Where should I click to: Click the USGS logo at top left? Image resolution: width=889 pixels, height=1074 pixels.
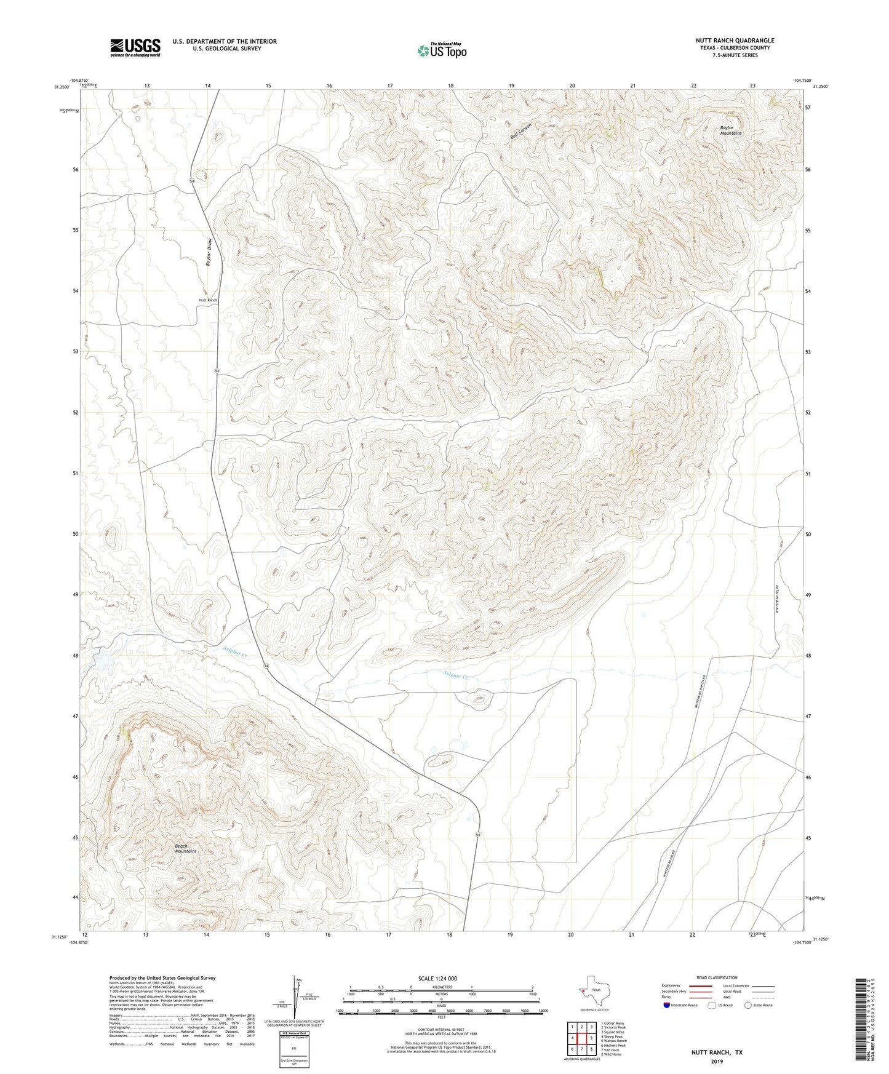pyautogui.click(x=135, y=47)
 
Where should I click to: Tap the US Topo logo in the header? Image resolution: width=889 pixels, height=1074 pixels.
pyautogui.click(x=442, y=50)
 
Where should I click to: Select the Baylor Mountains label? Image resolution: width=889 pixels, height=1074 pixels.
pyautogui.click(x=731, y=130)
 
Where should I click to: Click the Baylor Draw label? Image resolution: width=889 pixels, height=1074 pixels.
pyautogui.click(x=209, y=252)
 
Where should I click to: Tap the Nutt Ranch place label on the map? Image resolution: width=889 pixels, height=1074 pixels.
pyautogui.click(x=208, y=300)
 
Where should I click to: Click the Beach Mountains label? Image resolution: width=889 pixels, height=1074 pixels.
pyautogui.click(x=185, y=849)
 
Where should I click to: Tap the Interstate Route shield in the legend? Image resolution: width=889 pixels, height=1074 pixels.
pyautogui.click(x=668, y=1004)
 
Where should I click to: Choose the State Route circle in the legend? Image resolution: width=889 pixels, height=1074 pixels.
pyautogui.click(x=748, y=1004)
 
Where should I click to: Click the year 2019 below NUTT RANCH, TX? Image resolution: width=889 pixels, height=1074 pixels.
pyautogui.click(x=716, y=1062)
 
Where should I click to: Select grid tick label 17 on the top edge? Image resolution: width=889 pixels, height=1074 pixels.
pyautogui.click(x=390, y=86)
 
